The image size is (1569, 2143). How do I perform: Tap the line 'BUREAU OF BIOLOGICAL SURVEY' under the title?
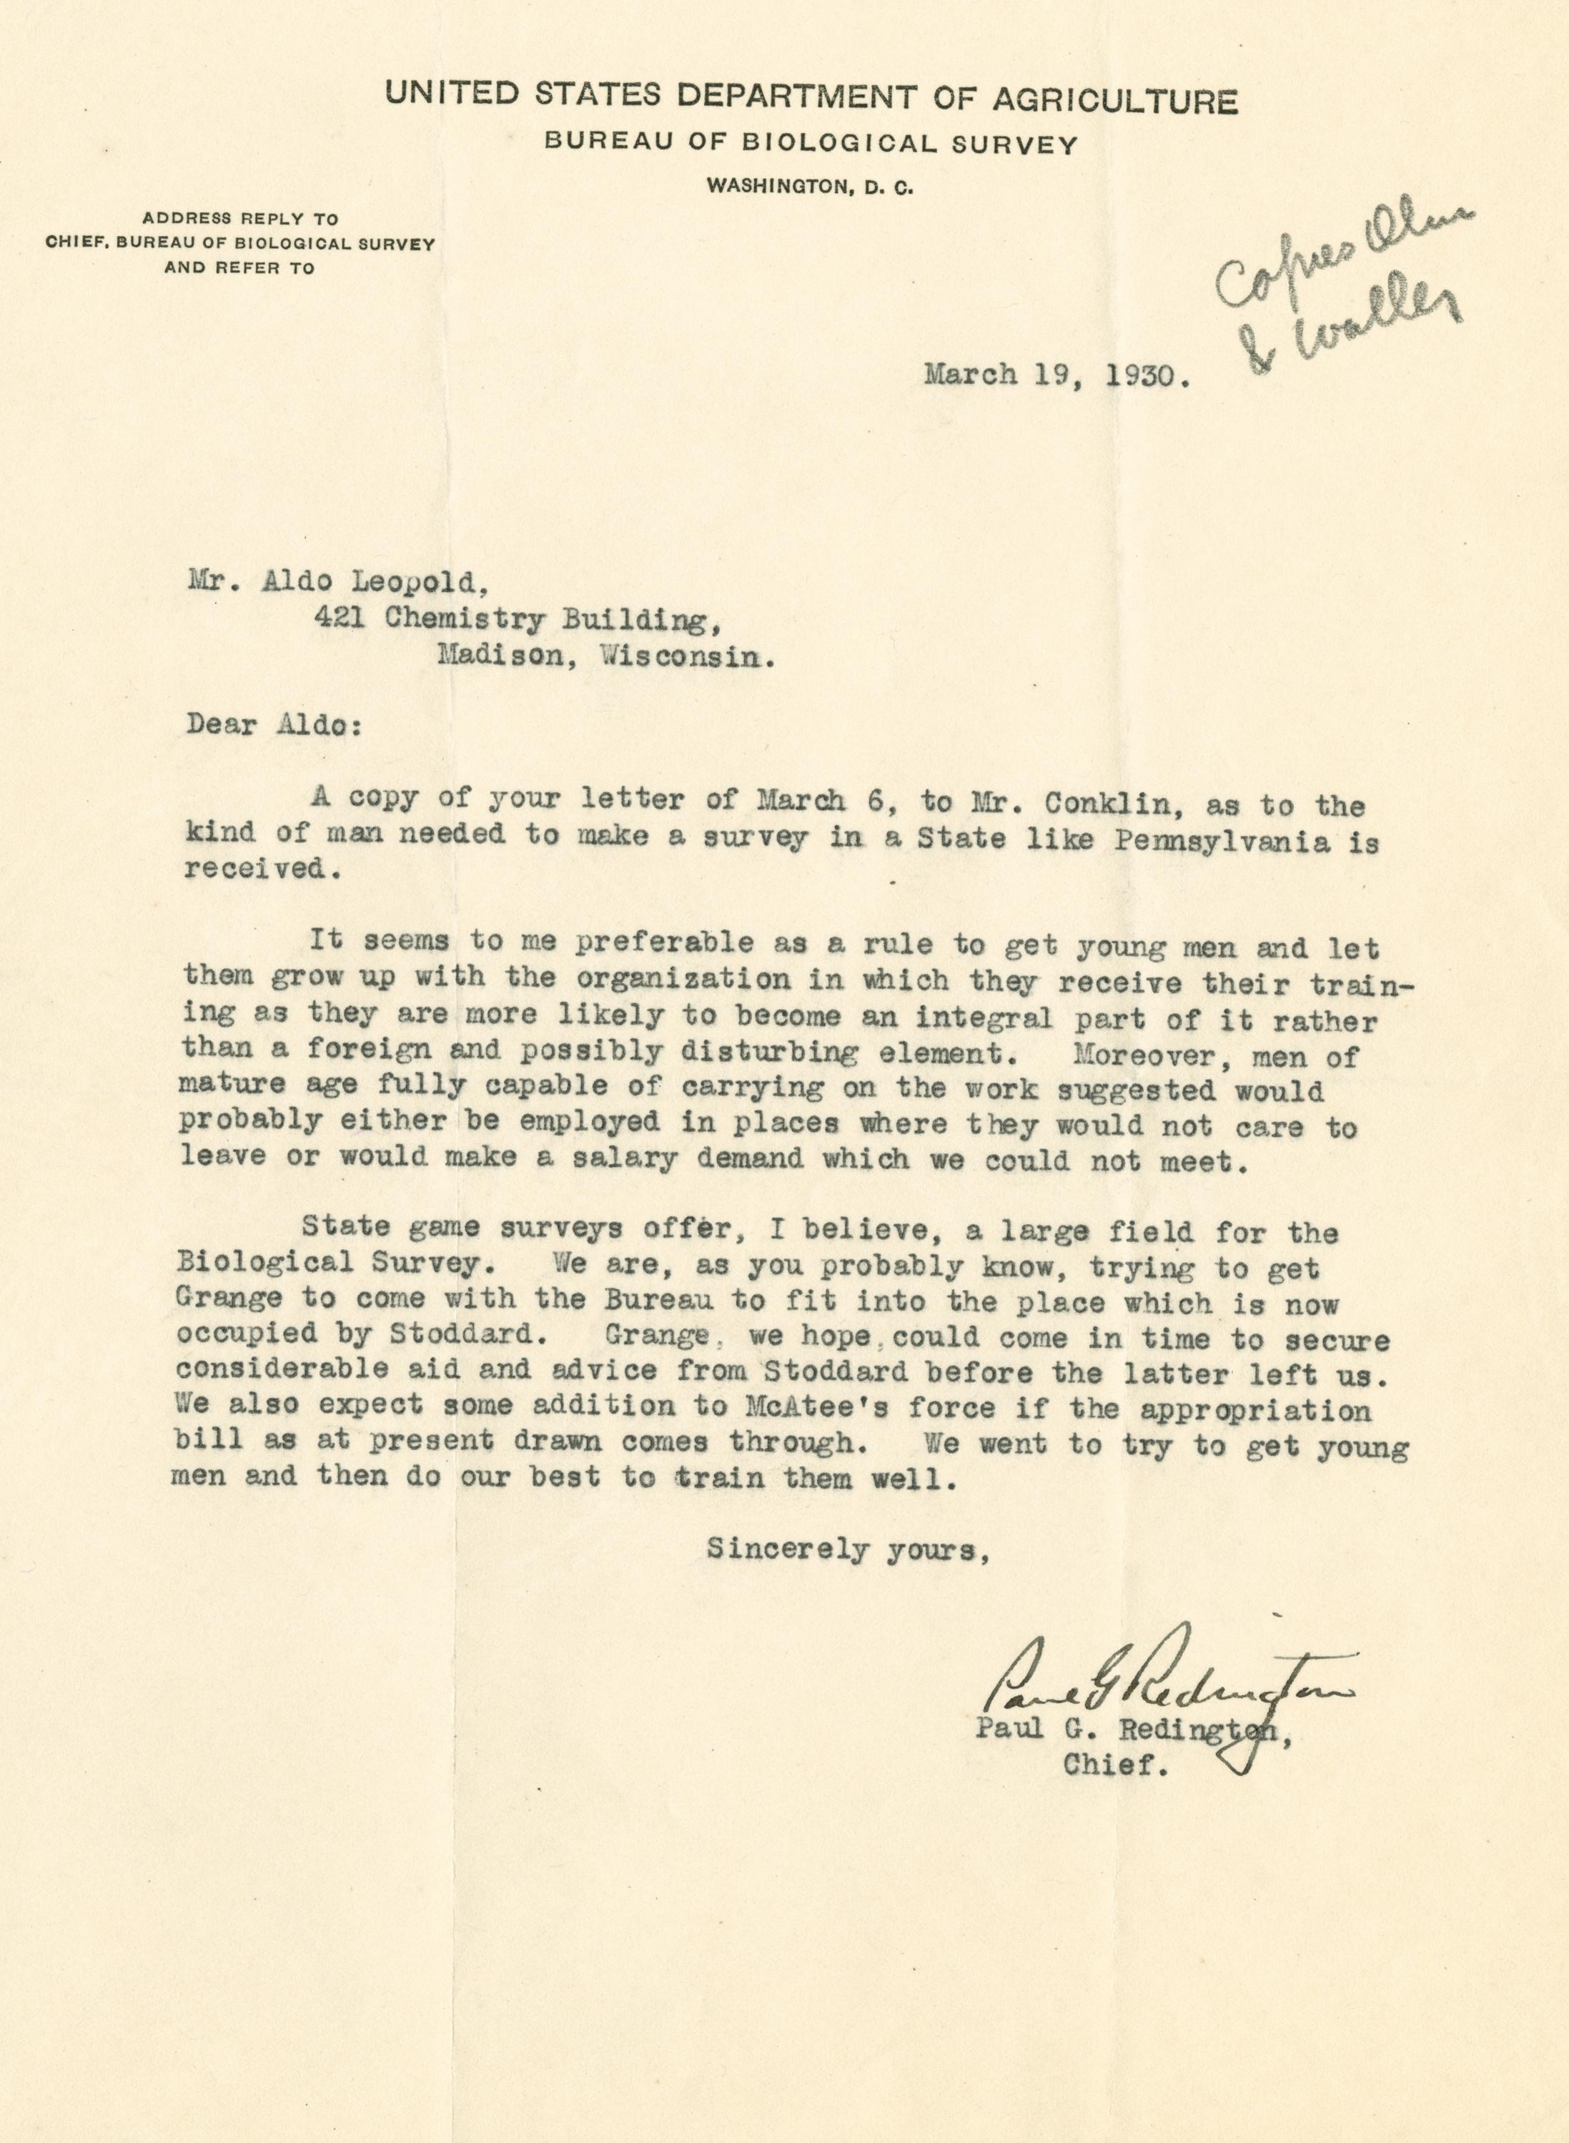[811, 145]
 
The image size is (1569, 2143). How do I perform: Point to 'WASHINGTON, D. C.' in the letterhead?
[810, 188]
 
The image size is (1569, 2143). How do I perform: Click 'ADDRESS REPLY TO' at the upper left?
[239, 219]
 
